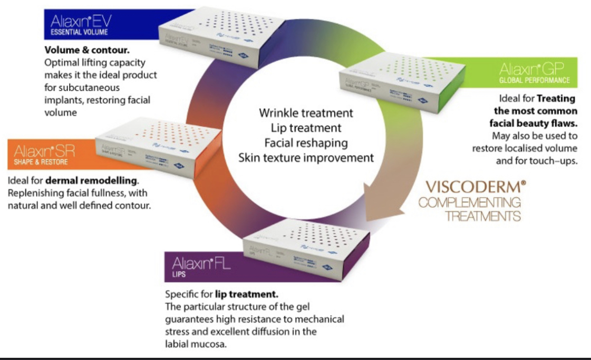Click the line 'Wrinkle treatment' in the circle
306,113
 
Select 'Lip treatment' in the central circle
306,128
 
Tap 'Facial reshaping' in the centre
306,143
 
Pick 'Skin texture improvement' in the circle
306,158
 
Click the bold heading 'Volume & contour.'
86,52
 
